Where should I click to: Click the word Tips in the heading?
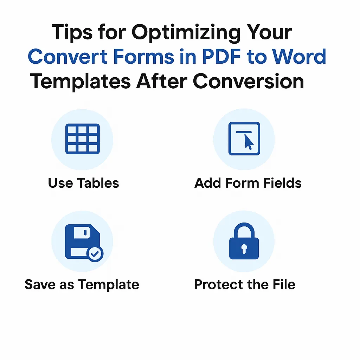coord(72,32)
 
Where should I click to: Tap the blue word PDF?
coord(221,57)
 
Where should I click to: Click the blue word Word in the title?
coord(299,57)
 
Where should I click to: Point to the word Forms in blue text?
coord(143,57)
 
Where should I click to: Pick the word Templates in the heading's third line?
coord(81,82)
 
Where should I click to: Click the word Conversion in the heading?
coord(249,81)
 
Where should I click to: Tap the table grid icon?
coord(83,139)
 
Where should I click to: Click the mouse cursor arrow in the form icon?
coord(249,142)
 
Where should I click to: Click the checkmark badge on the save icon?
coord(95,254)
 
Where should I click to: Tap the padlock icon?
coord(244,241)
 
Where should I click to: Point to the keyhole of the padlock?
coord(244,249)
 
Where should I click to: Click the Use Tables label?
coord(84,183)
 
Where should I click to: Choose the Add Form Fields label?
coord(248,183)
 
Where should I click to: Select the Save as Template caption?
coord(82,285)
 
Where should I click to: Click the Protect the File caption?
coord(245,284)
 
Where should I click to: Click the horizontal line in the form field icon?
coord(244,132)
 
